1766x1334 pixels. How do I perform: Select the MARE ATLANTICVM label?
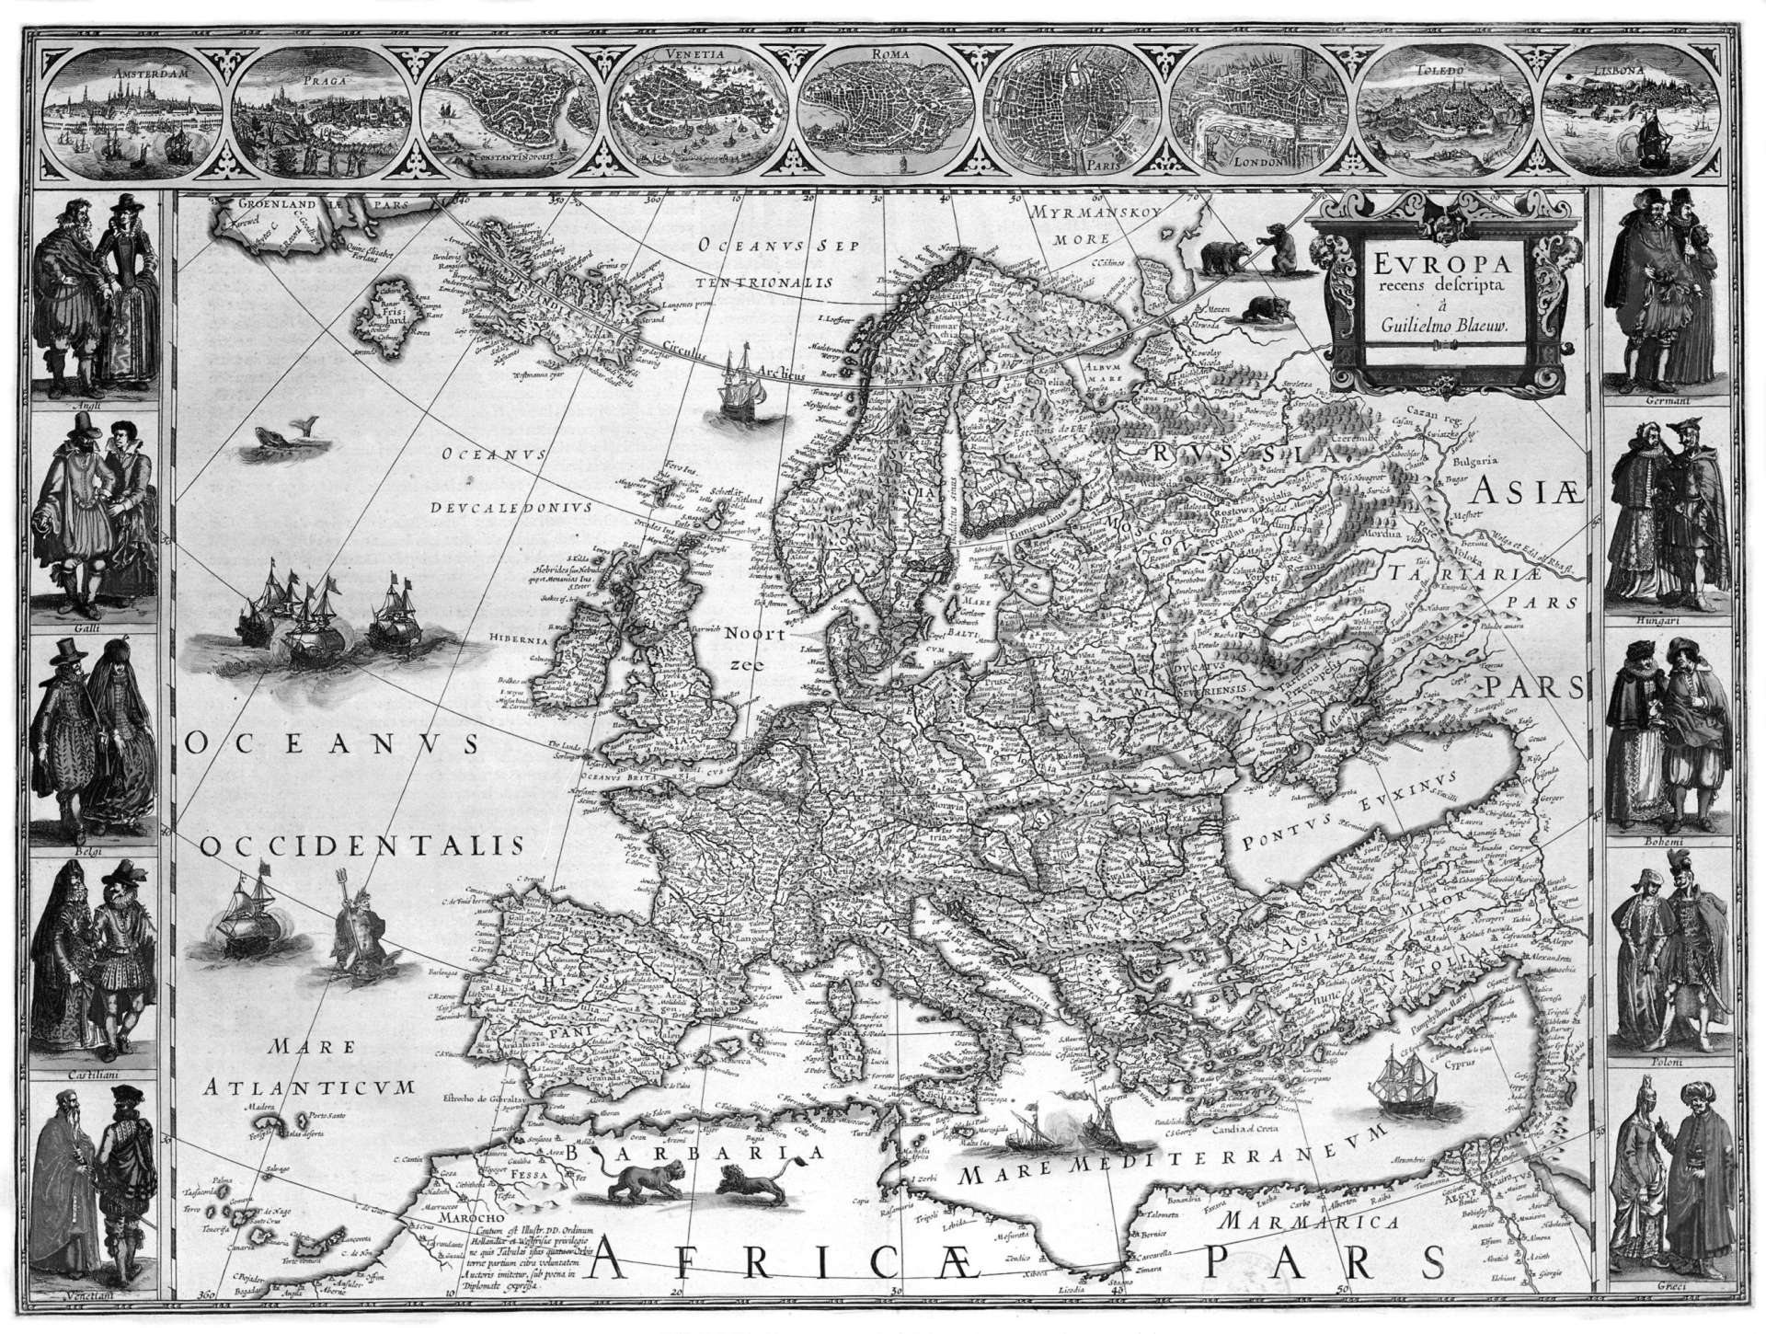313,1069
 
